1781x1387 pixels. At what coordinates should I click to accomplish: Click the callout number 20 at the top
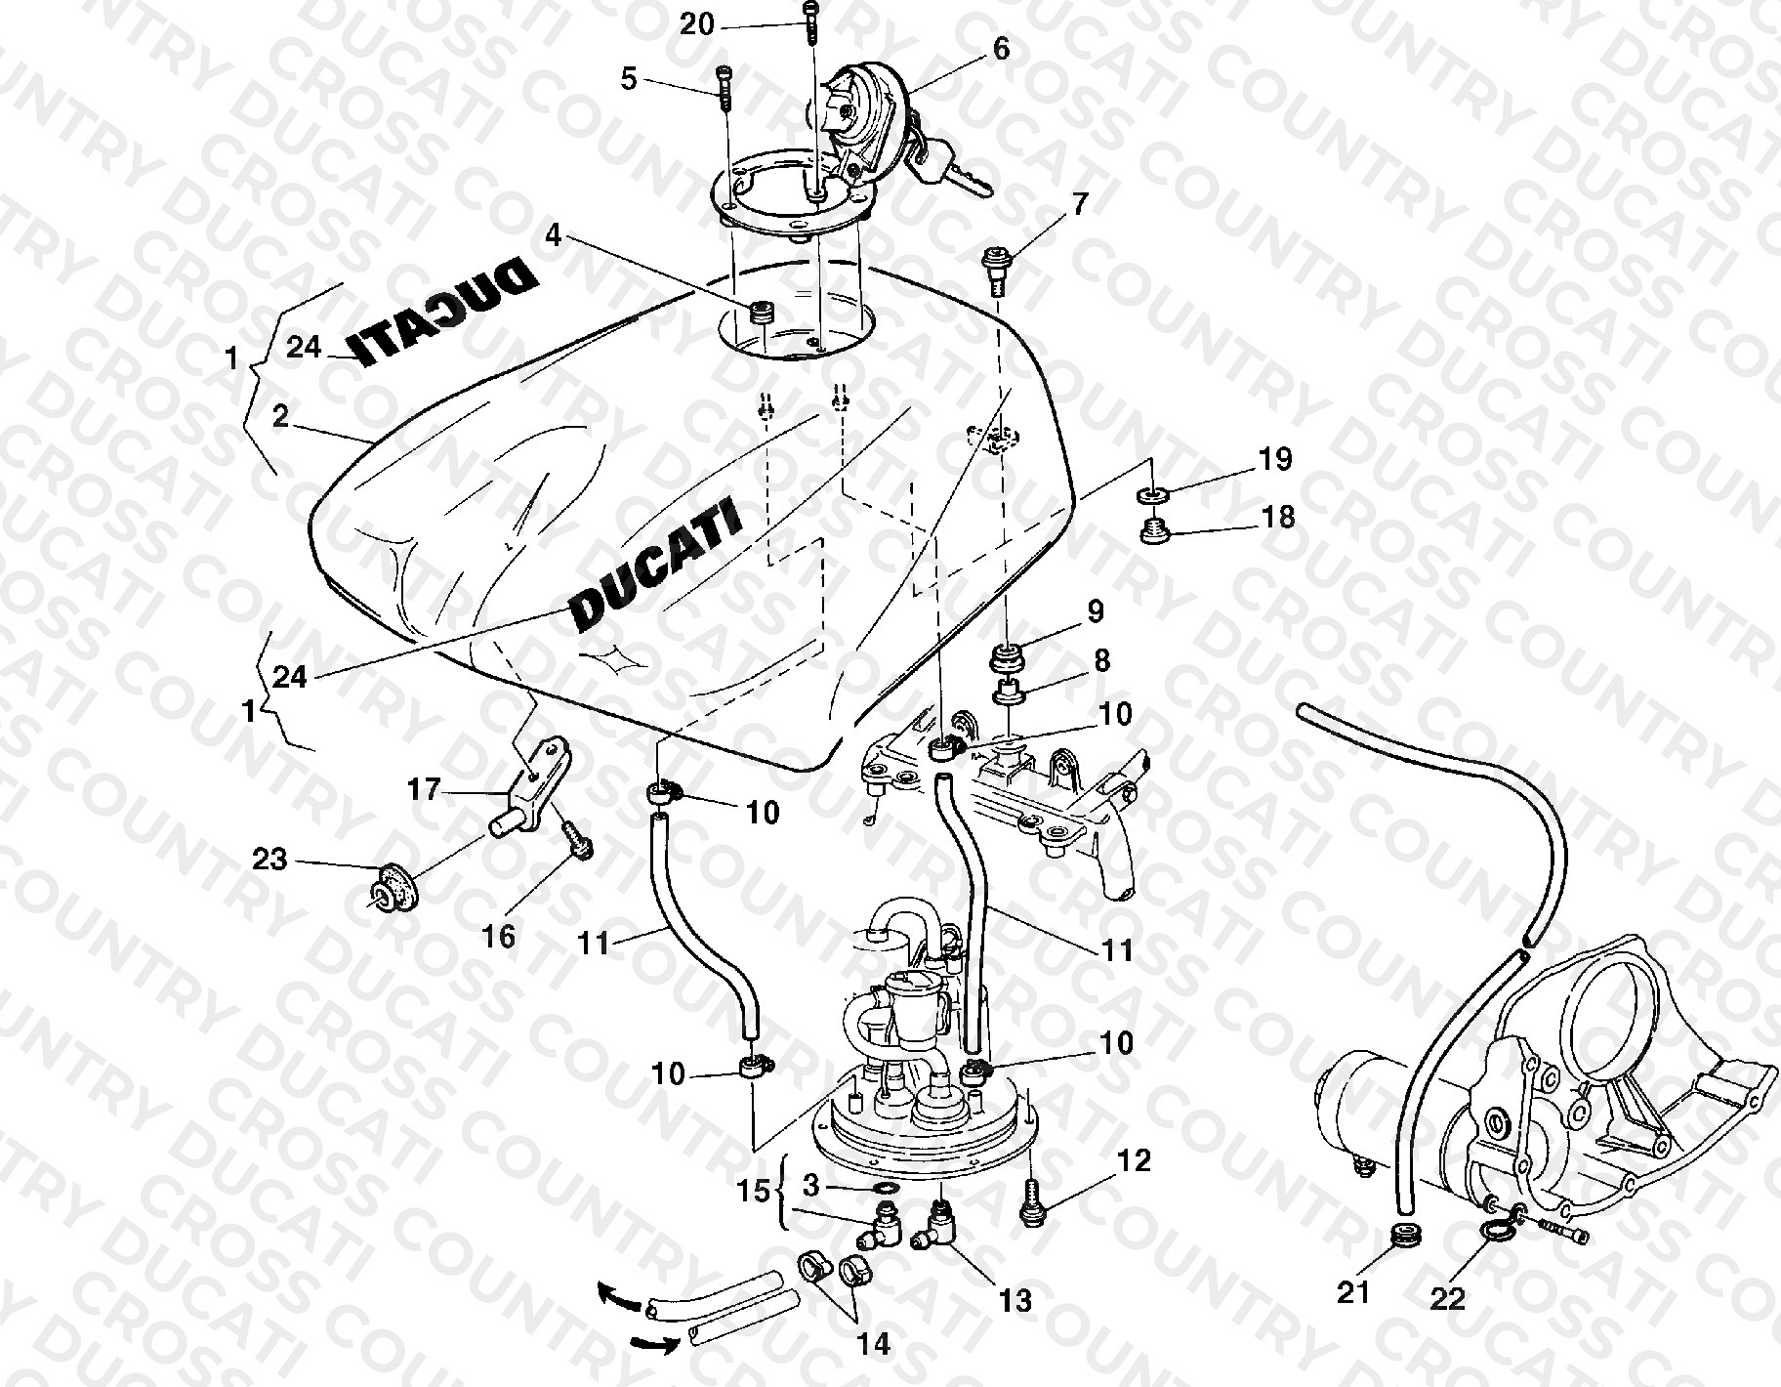coord(697,24)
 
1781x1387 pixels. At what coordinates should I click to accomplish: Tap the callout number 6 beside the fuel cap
coord(1002,49)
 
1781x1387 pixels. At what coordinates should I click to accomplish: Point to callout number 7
coord(1079,205)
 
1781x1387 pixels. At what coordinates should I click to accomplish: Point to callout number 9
coord(1096,611)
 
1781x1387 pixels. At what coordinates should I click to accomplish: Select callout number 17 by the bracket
coord(424,789)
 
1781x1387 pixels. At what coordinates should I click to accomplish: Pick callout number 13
coord(1015,1300)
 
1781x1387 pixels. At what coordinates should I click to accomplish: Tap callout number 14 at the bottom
coord(875,1344)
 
